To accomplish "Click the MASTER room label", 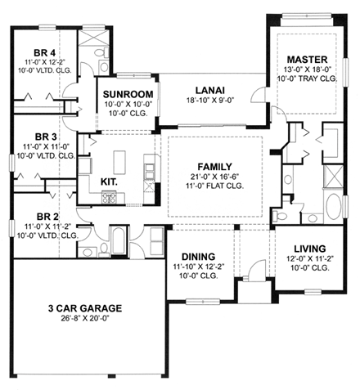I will [307, 60].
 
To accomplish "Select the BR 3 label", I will [43, 137].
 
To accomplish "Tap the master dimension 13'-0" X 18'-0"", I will [307, 71].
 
